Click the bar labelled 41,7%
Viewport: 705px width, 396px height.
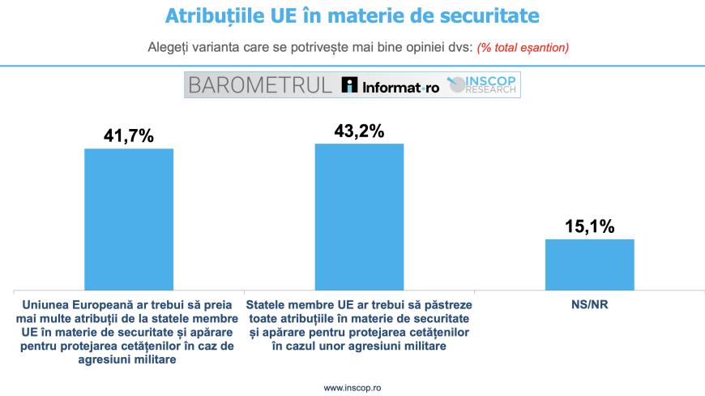point(129,218)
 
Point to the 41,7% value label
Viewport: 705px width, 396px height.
point(129,136)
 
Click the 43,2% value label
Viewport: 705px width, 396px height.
point(359,131)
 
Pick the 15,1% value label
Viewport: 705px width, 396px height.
point(589,226)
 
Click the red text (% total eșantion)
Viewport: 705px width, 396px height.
point(523,47)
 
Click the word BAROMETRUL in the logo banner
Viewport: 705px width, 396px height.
point(258,85)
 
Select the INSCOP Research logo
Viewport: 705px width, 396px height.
point(485,85)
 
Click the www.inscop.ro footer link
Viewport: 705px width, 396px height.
point(352,388)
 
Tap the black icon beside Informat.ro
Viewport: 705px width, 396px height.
point(349,85)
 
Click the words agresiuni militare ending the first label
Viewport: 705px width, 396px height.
point(130,360)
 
